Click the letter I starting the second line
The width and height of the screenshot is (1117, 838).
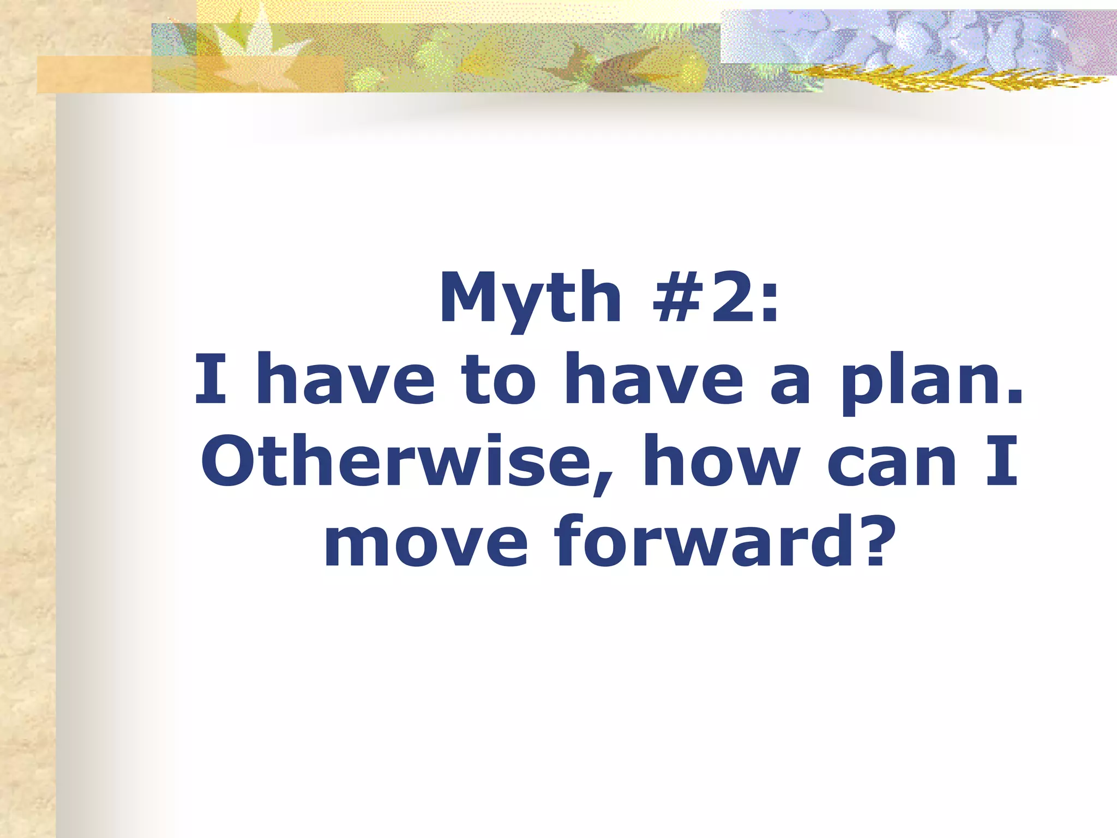pyautogui.click(x=211, y=379)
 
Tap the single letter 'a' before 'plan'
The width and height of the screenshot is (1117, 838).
pyautogui.click(x=790, y=385)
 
